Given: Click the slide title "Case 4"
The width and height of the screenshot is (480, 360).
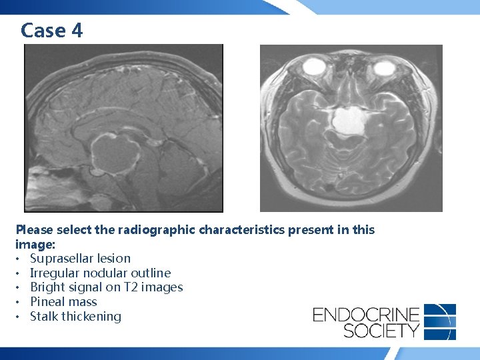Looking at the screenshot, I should coord(52,30).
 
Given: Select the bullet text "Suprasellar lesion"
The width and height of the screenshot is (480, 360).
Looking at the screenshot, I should coord(80,258).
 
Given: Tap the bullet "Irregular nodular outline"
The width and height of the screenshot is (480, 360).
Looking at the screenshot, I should coord(100,273).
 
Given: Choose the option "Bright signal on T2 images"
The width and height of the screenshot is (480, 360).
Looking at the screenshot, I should coord(106,287).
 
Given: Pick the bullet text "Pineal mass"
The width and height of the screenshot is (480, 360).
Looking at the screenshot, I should coord(63,302).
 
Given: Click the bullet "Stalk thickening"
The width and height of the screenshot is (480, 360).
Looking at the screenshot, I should coord(75,317).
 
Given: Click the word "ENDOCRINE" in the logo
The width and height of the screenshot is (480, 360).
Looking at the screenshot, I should coord(366,314).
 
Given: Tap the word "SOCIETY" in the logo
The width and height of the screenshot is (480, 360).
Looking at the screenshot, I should coord(366,330).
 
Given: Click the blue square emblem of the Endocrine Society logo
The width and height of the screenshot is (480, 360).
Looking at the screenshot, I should coord(440,321).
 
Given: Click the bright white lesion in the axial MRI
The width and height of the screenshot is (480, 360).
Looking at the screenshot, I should coord(347,122).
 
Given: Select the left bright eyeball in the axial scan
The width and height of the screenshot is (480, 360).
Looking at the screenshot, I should coord(313,67).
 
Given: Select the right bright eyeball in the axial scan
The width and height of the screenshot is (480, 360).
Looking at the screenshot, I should coord(384,67).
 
